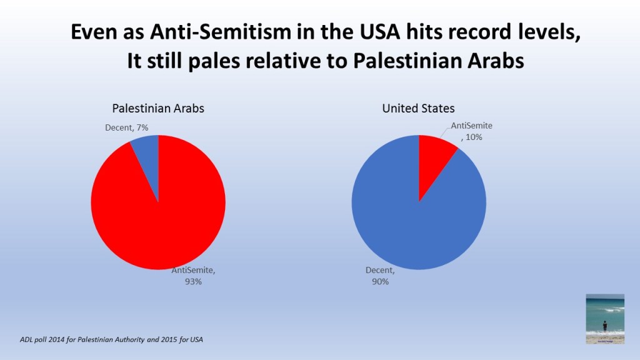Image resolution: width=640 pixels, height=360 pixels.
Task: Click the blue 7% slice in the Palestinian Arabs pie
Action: coord(149,156)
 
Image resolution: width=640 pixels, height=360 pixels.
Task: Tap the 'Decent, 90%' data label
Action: coord(379,276)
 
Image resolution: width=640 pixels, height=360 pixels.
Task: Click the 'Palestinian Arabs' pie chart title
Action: coord(158,108)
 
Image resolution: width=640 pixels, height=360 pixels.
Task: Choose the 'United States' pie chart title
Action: coord(418,108)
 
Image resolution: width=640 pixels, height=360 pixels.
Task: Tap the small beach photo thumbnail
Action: coord(604,318)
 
